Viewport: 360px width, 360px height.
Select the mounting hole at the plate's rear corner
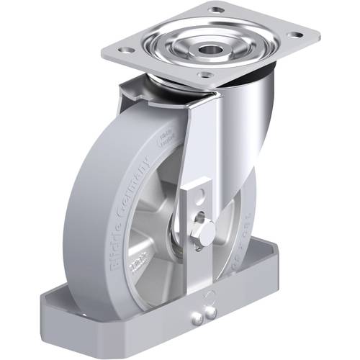coord(216,10)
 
